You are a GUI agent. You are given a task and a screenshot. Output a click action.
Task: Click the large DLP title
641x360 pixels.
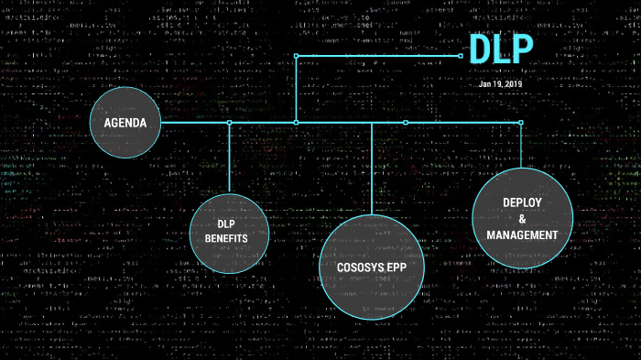pos(500,50)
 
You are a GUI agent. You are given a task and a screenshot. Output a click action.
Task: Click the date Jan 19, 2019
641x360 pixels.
pos(500,83)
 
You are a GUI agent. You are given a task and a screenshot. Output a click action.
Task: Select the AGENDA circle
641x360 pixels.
pos(125,123)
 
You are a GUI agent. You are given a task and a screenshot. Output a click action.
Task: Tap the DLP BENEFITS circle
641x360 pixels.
pos(230,233)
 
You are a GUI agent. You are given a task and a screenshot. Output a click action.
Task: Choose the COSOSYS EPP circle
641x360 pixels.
pos(371,265)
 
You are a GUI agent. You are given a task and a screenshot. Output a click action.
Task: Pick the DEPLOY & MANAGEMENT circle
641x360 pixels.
pos(522,218)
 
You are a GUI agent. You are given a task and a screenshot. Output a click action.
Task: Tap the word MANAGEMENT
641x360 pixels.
pos(522,235)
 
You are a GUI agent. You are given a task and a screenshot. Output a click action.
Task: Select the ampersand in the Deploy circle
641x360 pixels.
pos(522,219)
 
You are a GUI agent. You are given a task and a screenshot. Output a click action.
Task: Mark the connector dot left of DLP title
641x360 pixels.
pos(461,55)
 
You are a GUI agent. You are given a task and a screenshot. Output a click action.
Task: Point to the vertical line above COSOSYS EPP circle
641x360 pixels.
pos(371,169)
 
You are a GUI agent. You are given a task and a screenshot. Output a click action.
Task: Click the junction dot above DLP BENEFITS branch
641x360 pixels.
pos(230,122)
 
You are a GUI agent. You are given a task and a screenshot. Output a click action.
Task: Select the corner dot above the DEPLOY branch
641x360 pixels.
pos(521,122)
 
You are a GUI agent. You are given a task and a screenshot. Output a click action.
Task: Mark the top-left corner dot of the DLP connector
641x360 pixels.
pos(296,55)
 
